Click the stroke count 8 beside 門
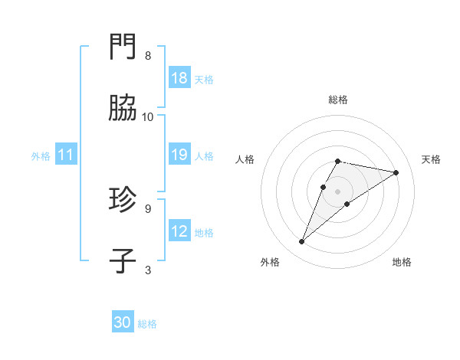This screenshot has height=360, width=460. click(x=148, y=56)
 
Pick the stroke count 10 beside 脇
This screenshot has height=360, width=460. click(x=148, y=116)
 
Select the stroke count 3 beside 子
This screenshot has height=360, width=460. click(x=148, y=269)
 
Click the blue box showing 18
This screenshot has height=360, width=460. click(x=179, y=78)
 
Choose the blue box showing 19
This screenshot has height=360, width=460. click(x=179, y=155)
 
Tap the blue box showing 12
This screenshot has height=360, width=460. click(x=179, y=231)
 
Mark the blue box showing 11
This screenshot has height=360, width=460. click(x=66, y=155)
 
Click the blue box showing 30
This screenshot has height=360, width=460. click(x=123, y=323)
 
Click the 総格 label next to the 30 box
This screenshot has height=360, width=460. click(x=147, y=324)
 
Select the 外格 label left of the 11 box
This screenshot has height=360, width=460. click(x=41, y=155)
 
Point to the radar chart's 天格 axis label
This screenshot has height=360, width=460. click(x=431, y=159)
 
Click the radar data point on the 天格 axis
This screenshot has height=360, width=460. click(x=396, y=172)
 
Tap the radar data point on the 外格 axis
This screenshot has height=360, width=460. click(x=302, y=242)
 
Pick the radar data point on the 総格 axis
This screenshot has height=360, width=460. click(x=338, y=161)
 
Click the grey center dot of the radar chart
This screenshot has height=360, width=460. click(x=338, y=191)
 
